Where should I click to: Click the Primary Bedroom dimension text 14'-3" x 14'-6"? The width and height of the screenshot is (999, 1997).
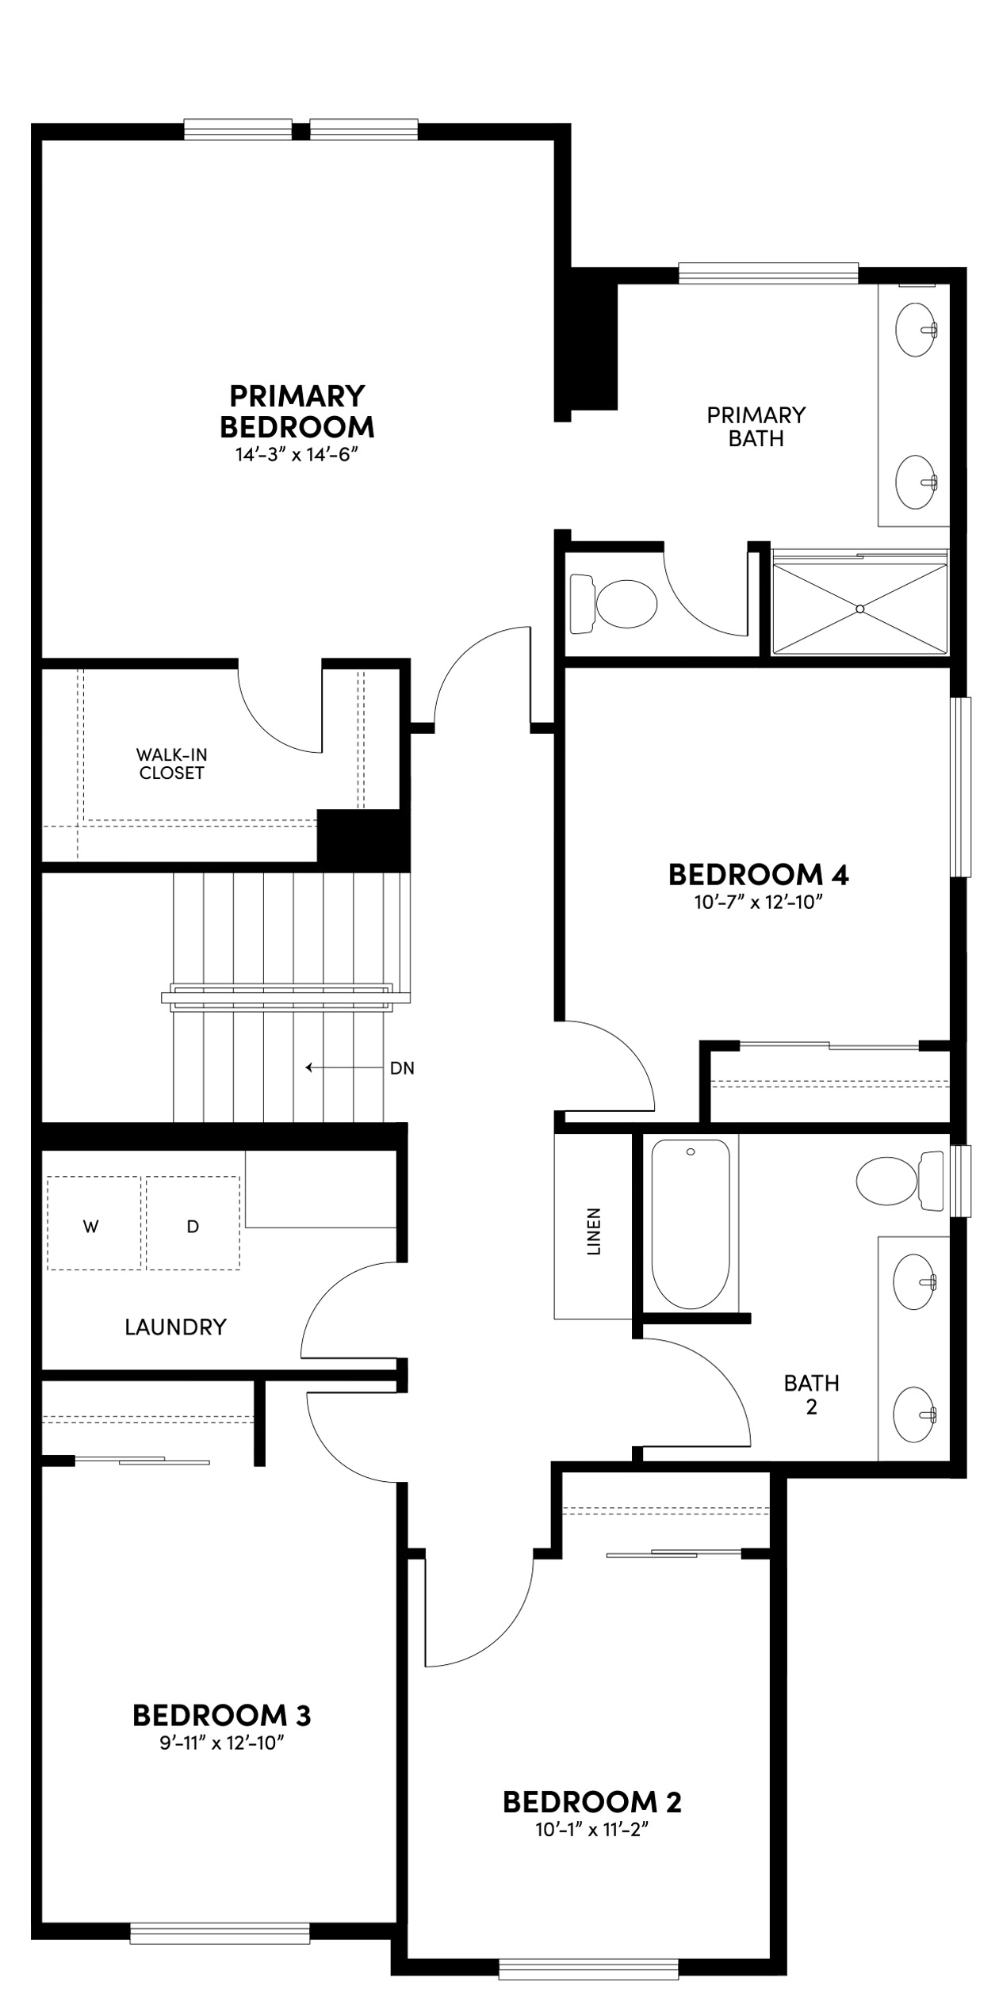pos(297,455)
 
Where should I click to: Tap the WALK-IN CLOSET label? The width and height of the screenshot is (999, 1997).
pos(171,764)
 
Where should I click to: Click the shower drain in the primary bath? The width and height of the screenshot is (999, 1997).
pos(859,609)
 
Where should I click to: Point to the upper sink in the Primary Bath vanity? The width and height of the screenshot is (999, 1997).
pos(917,330)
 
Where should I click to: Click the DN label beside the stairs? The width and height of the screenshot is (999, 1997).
pos(402,1068)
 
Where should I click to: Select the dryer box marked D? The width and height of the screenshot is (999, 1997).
pos(193,1227)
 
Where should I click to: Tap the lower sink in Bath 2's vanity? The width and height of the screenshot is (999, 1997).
pos(916,1415)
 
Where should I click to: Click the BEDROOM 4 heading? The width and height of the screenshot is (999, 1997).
pos(758,875)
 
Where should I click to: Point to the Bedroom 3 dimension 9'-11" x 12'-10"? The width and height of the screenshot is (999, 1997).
pos(221,1743)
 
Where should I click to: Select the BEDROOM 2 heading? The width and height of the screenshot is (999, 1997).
pos(591,1802)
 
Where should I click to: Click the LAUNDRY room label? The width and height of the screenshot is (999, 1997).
pos(175,1327)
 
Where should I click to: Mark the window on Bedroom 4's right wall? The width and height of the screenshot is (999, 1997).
pos(961,787)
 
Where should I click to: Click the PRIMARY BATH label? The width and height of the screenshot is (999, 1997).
pos(756,426)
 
